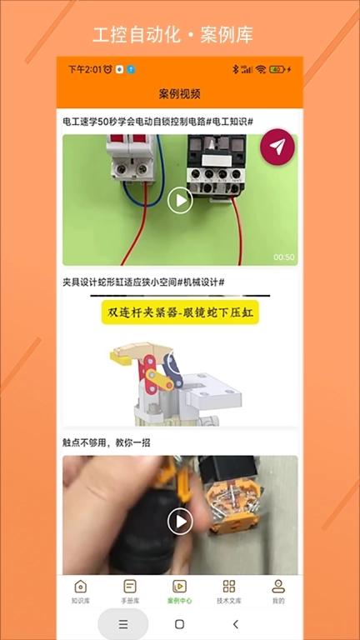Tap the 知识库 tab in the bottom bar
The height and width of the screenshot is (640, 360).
pos(81,591)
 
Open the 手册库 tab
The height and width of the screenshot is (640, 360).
pos(130,591)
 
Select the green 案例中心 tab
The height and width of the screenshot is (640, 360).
pos(179,591)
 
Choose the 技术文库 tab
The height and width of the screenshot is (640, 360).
pos(229,591)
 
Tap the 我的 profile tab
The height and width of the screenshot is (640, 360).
pos(278,591)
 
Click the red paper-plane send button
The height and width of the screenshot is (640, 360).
pos(277,147)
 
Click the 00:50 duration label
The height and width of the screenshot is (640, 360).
pos(284,257)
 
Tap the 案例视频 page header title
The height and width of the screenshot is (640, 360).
pos(180,93)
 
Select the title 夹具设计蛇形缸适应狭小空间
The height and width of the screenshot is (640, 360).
pos(143,282)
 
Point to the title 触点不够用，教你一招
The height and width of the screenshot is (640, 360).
pos(106,442)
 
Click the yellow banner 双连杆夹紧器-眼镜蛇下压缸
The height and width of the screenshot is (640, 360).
pos(180,313)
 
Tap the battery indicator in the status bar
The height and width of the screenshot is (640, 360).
pos(277,69)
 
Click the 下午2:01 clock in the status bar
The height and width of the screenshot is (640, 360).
pos(84,69)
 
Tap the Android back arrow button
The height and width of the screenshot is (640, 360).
pos(236,624)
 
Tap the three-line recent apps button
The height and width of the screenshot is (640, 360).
pos(123,624)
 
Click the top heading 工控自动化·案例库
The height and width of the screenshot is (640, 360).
pos(172,35)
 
